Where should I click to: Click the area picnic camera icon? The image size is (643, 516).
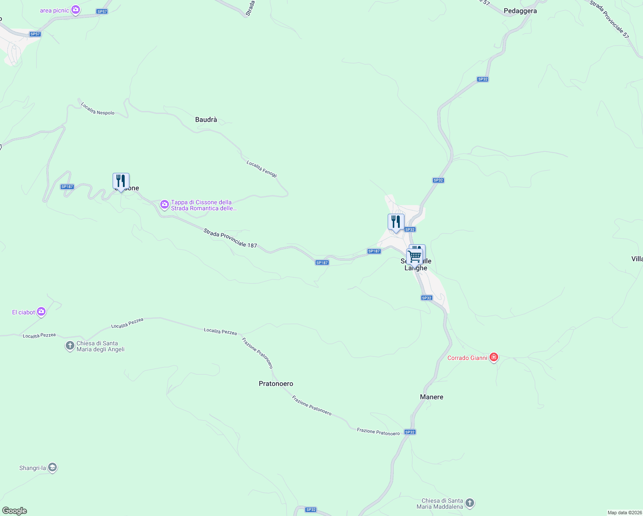[x=76, y=9]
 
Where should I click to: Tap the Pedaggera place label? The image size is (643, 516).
[x=520, y=11]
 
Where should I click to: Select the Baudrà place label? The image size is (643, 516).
[x=206, y=120]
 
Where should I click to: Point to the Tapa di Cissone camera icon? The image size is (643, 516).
[x=164, y=205]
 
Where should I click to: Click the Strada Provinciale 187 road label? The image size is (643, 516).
[x=230, y=238]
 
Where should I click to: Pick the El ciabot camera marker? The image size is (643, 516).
[x=41, y=312]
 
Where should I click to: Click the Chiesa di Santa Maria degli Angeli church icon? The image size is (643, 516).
[x=70, y=346]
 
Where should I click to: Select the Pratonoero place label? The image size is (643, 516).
[x=276, y=384]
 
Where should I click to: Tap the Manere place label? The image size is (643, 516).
[x=432, y=397]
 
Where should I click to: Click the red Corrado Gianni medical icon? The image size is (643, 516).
[x=494, y=357]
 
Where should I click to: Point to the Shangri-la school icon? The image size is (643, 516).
[x=52, y=467]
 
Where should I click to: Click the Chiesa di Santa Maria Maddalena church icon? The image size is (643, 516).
[x=470, y=503]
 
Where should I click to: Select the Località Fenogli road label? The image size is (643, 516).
[x=262, y=169]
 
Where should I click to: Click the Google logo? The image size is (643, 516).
[x=15, y=511]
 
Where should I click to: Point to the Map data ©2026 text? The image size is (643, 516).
[x=624, y=513]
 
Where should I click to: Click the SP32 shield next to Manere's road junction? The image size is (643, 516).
[x=410, y=432]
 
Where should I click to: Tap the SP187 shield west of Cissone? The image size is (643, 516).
[x=67, y=187]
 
